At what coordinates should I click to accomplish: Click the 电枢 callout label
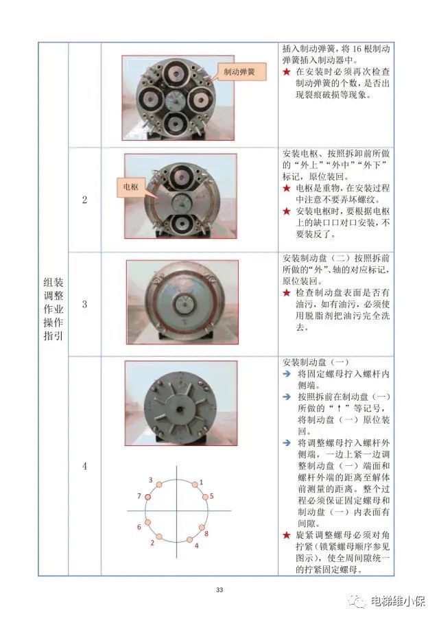click(x=130, y=187)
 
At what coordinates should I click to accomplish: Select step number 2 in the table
click(x=84, y=200)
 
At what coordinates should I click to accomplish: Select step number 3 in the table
click(x=84, y=304)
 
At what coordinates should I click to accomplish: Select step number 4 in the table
click(x=84, y=466)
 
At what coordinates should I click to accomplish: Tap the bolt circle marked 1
click(x=195, y=484)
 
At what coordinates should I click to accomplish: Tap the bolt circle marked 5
click(x=206, y=497)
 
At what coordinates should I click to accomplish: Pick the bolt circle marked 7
click(x=148, y=497)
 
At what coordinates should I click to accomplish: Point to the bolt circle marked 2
click(x=159, y=537)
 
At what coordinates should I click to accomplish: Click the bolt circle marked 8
click(x=202, y=527)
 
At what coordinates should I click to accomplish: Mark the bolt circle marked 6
click(x=147, y=522)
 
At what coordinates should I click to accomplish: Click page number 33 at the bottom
click(x=219, y=589)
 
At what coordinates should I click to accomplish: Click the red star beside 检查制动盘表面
click(x=287, y=293)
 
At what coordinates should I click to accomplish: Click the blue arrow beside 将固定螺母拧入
click(x=287, y=373)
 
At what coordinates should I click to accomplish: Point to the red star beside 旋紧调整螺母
click(x=287, y=535)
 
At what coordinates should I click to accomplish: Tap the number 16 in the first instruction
click(x=357, y=49)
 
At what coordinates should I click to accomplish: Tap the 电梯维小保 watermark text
click(x=399, y=601)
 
